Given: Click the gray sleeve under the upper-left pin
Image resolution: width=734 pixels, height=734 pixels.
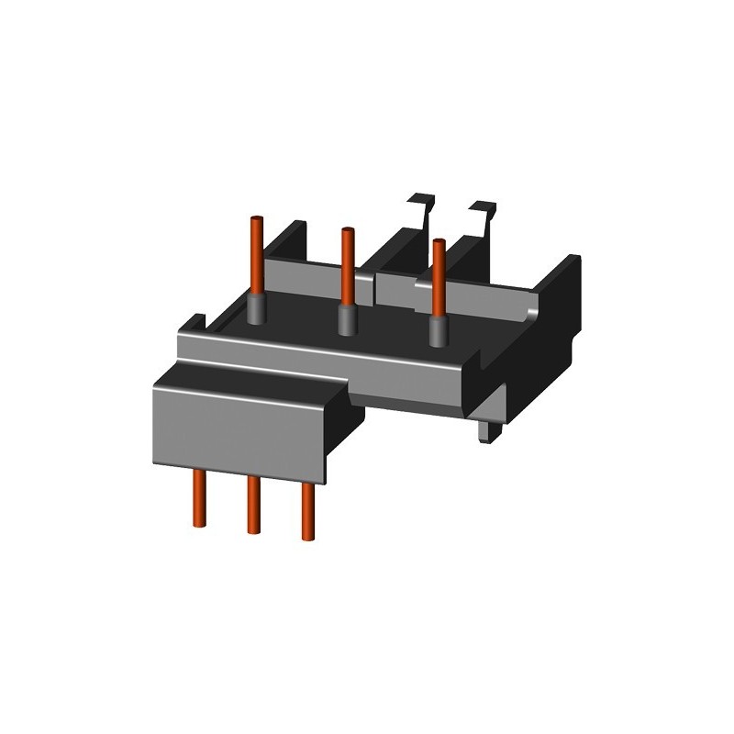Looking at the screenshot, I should point(258,310).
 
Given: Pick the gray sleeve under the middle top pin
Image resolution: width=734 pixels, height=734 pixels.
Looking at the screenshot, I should point(347,321).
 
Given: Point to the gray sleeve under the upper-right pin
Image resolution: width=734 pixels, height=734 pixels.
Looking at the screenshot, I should point(439,334).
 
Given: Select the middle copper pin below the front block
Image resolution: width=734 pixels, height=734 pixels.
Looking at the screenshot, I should point(250,506).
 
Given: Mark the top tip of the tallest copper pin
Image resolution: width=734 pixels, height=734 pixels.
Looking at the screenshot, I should point(257,217).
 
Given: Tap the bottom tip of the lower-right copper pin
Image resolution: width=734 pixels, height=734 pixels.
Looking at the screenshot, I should point(306,535).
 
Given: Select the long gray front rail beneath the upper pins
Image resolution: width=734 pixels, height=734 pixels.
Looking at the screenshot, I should point(330,362).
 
